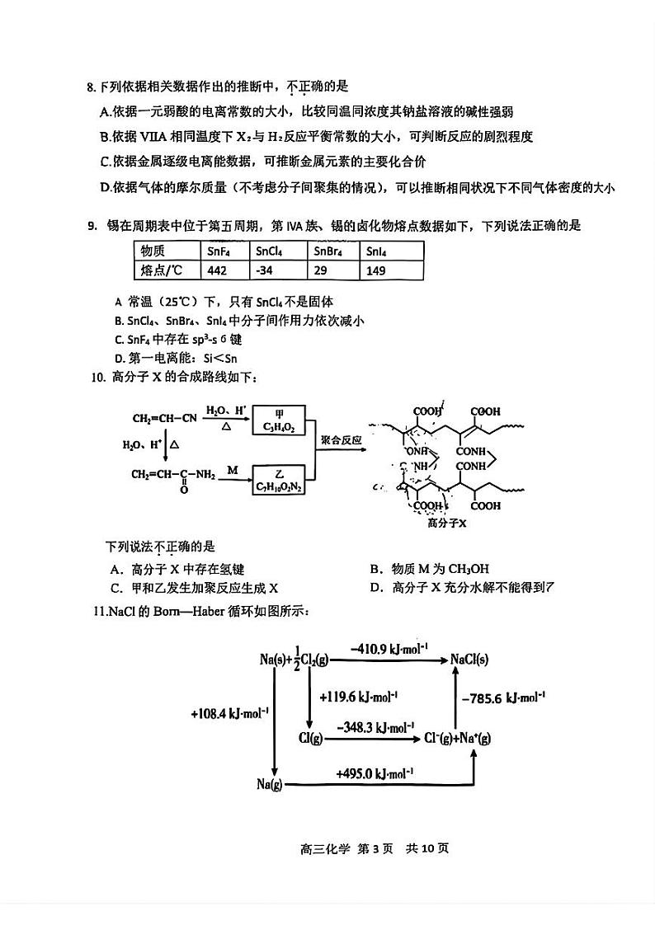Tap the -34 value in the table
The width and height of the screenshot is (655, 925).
pos(278,270)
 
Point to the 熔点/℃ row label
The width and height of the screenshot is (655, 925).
pos(166,270)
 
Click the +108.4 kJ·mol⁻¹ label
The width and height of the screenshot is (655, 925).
pos(230,713)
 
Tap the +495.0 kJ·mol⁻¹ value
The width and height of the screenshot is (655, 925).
pos(375,773)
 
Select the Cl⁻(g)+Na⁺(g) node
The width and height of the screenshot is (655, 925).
pos(457,738)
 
